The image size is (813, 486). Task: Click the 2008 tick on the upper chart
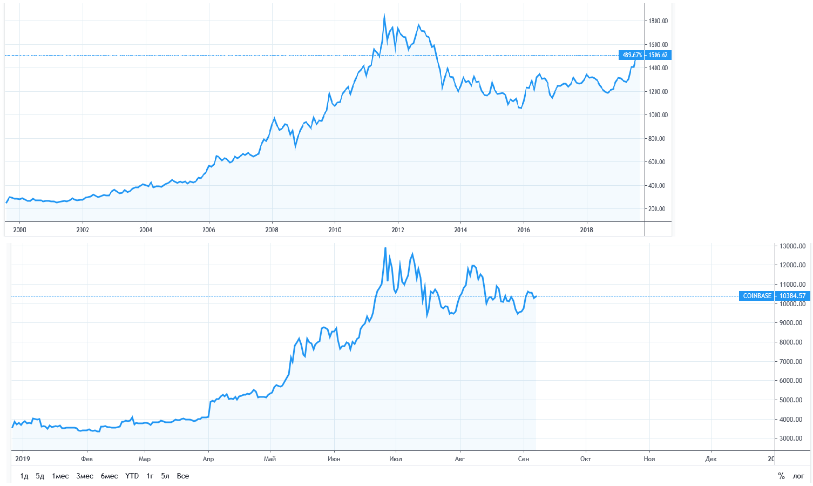[272, 230]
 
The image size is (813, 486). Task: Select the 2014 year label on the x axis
[460, 230]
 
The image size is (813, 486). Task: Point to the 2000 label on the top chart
[19, 230]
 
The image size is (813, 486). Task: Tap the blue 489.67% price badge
[632, 55]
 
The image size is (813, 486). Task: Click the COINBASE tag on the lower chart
[757, 296]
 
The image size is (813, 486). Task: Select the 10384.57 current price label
[792, 296]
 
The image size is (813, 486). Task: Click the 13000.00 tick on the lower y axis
[791, 246]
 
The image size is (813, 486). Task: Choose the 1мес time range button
[60, 476]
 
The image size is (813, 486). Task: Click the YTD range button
[132, 476]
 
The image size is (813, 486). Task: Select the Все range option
[183, 476]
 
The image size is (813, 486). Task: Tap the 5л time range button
[165, 476]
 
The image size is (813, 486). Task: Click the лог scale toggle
[798, 476]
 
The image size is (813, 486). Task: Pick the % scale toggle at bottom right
[781, 476]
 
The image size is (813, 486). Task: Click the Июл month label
[396, 459]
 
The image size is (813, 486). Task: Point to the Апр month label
[208, 459]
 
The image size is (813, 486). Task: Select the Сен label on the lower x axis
[523, 459]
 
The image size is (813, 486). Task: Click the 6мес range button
[109, 476]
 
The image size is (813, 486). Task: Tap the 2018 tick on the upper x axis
[586, 230]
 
